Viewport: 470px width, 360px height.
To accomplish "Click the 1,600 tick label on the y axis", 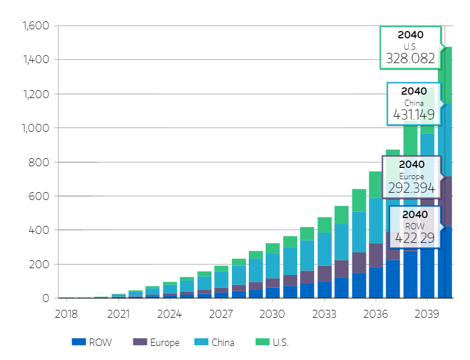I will pos(35,26).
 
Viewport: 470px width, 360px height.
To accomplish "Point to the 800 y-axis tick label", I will pos(40,162).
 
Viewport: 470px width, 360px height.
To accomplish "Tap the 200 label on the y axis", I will pos(40,264).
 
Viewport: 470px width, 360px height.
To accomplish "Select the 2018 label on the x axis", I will pos(66,313).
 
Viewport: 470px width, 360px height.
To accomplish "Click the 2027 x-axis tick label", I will pos(221,313).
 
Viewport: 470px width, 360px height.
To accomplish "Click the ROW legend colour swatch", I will pos(79,342).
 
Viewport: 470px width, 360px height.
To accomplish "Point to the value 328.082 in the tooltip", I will pos(410,58).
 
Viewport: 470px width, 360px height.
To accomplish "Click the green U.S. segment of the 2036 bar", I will pos(376,184).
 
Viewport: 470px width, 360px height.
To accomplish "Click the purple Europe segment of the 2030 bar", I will pos(273,283).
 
